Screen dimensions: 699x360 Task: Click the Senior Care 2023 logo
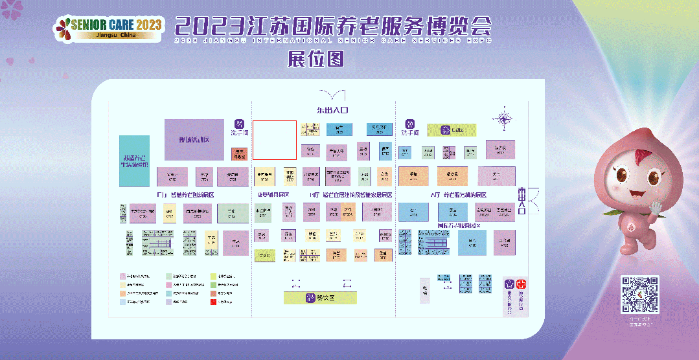point(108,27)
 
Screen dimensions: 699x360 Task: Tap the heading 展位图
point(315,60)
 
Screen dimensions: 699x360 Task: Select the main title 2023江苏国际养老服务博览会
point(333,27)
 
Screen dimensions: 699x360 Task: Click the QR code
point(640,295)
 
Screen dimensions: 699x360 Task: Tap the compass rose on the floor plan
point(503,118)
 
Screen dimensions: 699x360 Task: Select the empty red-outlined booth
point(274,140)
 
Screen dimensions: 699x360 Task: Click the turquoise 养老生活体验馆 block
point(134,161)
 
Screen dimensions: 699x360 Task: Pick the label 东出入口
point(332,110)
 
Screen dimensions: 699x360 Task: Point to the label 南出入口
point(521,201)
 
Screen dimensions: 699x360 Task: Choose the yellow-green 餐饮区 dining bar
point(321,298)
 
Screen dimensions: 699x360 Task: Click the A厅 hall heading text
point(458,195)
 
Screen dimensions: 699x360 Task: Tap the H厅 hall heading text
point(350,195)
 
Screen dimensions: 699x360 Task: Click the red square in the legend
point(213,302)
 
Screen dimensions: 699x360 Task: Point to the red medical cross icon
point(521,284)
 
